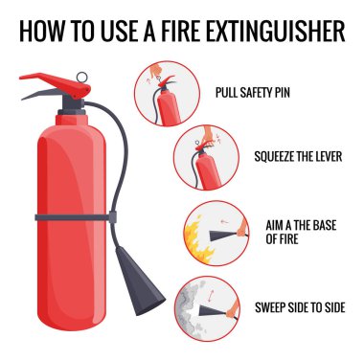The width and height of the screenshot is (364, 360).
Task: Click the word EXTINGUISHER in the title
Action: coord(276,31)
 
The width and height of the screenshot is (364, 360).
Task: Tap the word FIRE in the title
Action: coord(179,31)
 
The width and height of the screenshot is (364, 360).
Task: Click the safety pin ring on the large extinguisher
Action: coord(81,77)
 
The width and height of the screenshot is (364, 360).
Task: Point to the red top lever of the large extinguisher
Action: coord(56,83)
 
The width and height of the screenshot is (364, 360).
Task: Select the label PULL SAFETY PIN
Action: coord(253,93)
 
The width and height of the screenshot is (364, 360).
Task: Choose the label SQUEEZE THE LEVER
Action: coord(298,156)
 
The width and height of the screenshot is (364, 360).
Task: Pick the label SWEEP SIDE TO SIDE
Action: coord(300,307)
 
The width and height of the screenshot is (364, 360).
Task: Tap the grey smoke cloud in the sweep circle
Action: coord(192,308)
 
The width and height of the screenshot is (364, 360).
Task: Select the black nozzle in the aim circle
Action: coord(223,236)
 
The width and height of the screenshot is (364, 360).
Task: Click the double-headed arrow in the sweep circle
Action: coord(210,296)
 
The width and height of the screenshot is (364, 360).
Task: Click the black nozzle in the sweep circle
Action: coord(214,310)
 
